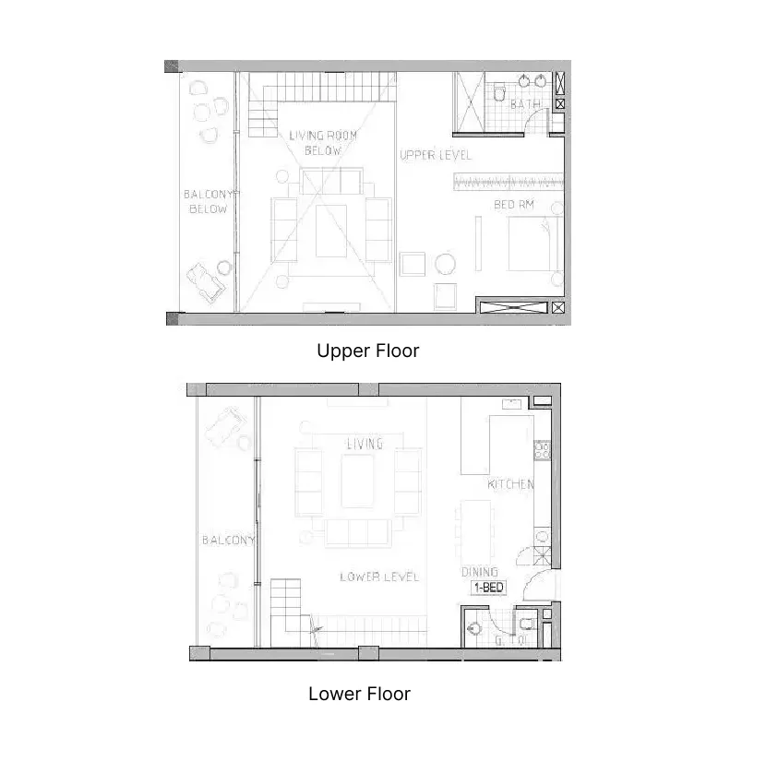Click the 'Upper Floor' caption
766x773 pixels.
[367, 351]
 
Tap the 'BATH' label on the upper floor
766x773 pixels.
[525, 105]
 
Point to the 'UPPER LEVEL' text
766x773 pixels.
[435, 155]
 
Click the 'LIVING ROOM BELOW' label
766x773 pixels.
[322, 143]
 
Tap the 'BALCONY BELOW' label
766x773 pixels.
[209, 202]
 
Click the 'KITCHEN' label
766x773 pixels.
[510, 484]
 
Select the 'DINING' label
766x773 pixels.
[479, 572]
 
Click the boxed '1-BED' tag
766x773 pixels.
[488, 587]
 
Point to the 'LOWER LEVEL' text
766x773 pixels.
[378, 577]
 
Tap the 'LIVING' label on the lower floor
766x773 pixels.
[364, 444]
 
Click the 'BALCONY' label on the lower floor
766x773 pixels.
[228, 541]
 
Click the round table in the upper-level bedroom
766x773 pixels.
[445, 264]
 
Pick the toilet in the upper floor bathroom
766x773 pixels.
[498, 94]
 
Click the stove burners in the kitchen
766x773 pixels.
[543, 451]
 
